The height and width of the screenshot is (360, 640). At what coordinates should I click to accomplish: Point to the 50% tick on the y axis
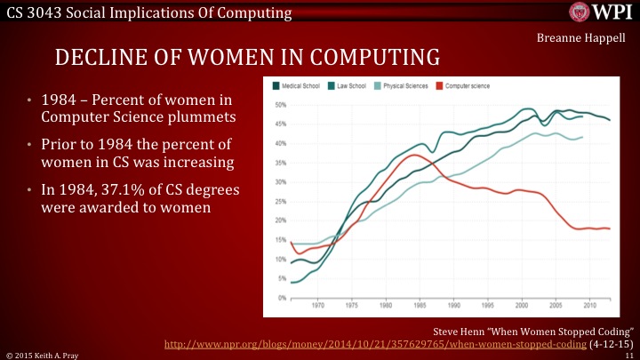[281, 105]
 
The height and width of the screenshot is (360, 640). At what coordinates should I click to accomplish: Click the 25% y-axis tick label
[281, 201]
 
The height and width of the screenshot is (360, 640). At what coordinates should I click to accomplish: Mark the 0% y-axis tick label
[283, 297]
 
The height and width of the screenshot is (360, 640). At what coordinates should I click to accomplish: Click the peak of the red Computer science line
[415, 155]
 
